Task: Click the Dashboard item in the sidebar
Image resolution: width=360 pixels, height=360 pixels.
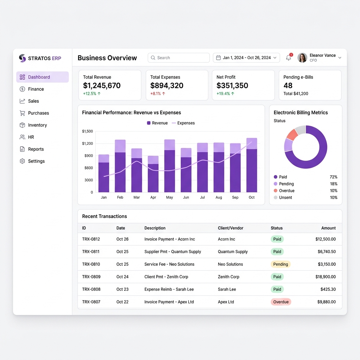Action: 43,77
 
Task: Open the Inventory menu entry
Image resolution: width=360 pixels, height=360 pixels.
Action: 37,125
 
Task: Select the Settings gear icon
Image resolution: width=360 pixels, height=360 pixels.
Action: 22,161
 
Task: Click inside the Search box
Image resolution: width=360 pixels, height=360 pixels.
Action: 179,58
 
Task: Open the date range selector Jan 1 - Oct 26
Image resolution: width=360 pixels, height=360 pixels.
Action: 246,58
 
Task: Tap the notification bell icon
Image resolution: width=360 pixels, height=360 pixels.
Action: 289,58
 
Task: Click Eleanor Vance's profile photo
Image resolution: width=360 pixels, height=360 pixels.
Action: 302,58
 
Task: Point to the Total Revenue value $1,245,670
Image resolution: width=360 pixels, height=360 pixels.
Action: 102,86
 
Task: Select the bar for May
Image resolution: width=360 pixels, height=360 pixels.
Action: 170,166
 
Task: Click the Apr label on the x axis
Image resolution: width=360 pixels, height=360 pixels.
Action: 153,197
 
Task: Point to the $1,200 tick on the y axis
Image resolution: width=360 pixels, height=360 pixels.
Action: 88,143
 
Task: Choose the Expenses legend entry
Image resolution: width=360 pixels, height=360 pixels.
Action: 183,123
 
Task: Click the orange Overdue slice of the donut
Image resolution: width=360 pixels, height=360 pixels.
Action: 292,135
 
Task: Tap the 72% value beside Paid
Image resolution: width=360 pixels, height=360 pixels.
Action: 333,177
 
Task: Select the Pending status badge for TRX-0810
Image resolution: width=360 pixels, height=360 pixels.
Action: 281,264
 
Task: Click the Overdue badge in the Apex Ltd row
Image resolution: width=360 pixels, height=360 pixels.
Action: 281,302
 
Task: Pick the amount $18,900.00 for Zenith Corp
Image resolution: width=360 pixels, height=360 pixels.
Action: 325,277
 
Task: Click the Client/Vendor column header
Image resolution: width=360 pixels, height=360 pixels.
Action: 231,228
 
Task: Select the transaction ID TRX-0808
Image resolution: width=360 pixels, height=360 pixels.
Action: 91,289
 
